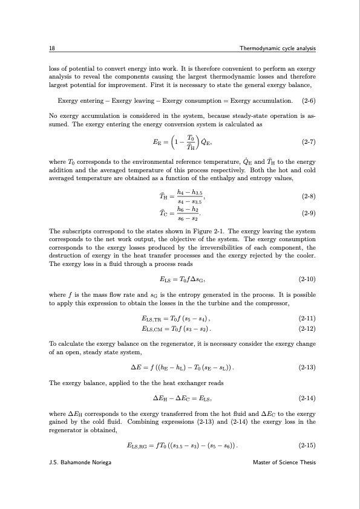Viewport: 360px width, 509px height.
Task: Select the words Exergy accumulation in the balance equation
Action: click(263, 100)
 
